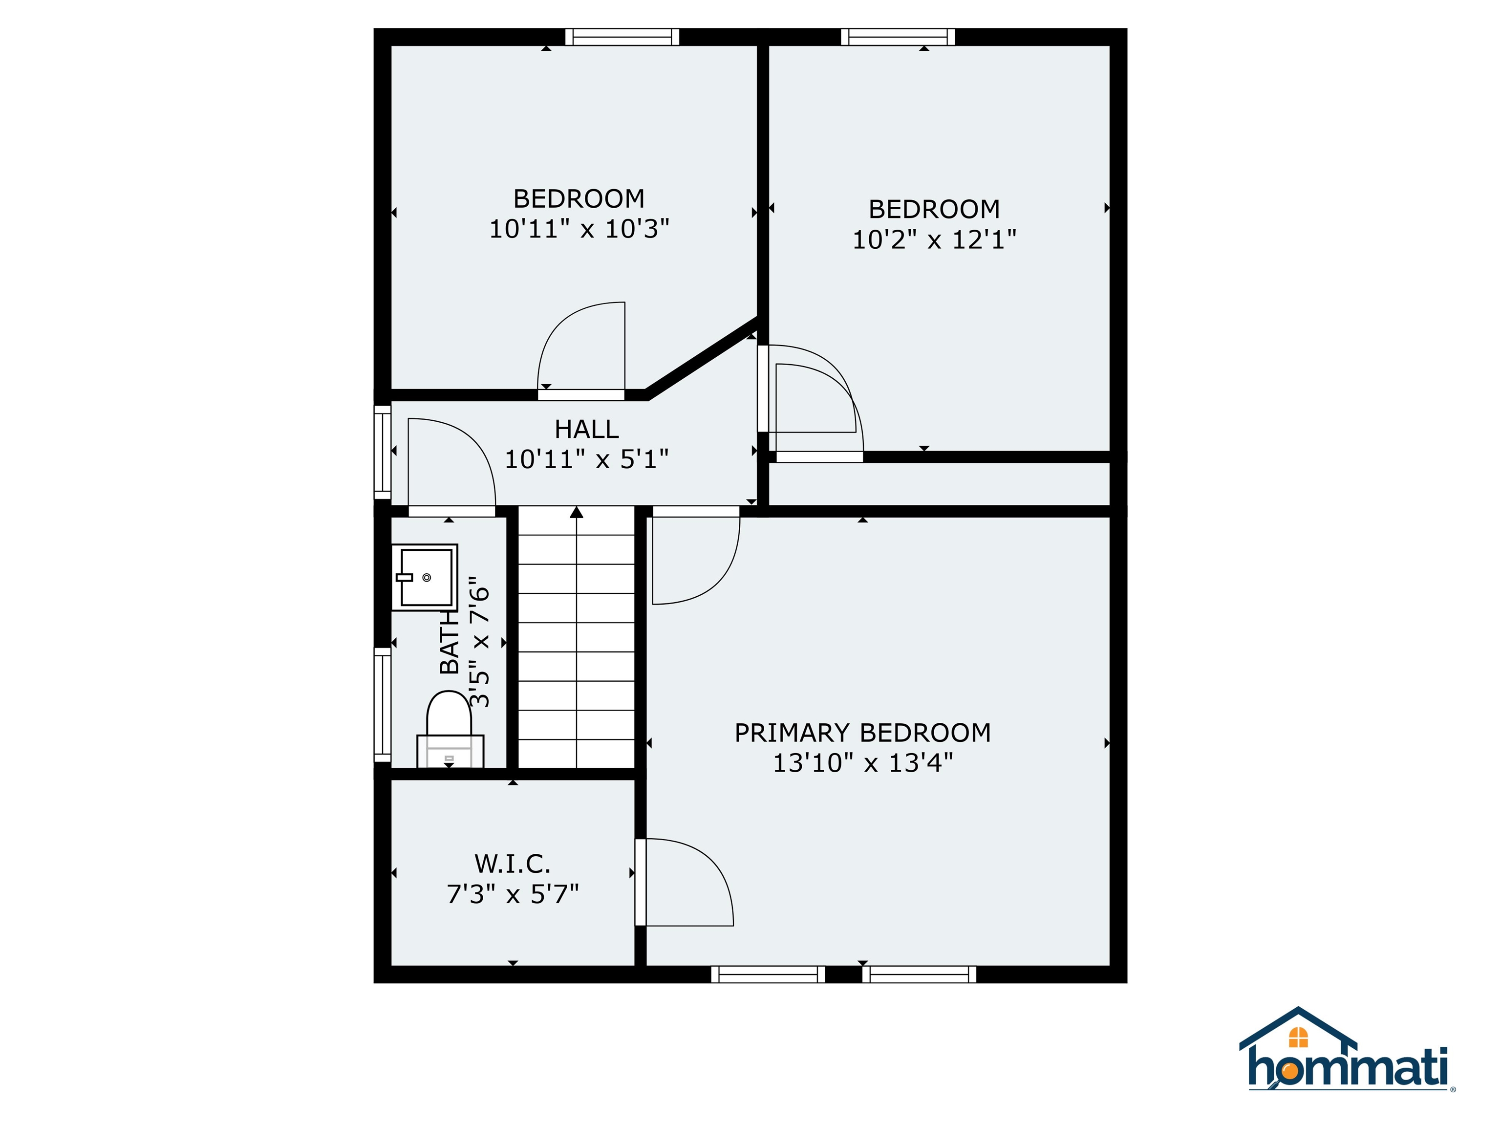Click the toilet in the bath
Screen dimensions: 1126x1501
(x=449, y=730)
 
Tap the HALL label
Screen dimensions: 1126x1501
(x=586, y=429)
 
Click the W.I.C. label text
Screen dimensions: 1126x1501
(x=513, y=864)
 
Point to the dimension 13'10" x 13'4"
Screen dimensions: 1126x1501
(x=862, y=763)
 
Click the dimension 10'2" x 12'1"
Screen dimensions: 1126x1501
(x=934, y=239)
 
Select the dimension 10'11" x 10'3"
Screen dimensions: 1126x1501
(x=579, y=229)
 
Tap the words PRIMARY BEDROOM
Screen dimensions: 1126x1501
(x=862, y=733)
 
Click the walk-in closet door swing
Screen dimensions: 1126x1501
(x=686, y=882)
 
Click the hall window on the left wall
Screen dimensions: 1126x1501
(x=382, y=452)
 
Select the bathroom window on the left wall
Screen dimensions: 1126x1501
(x=382, y=704)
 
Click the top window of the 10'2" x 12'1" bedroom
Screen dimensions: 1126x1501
(x=897, y=37)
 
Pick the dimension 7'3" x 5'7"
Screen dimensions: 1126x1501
(x=513, y=894)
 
